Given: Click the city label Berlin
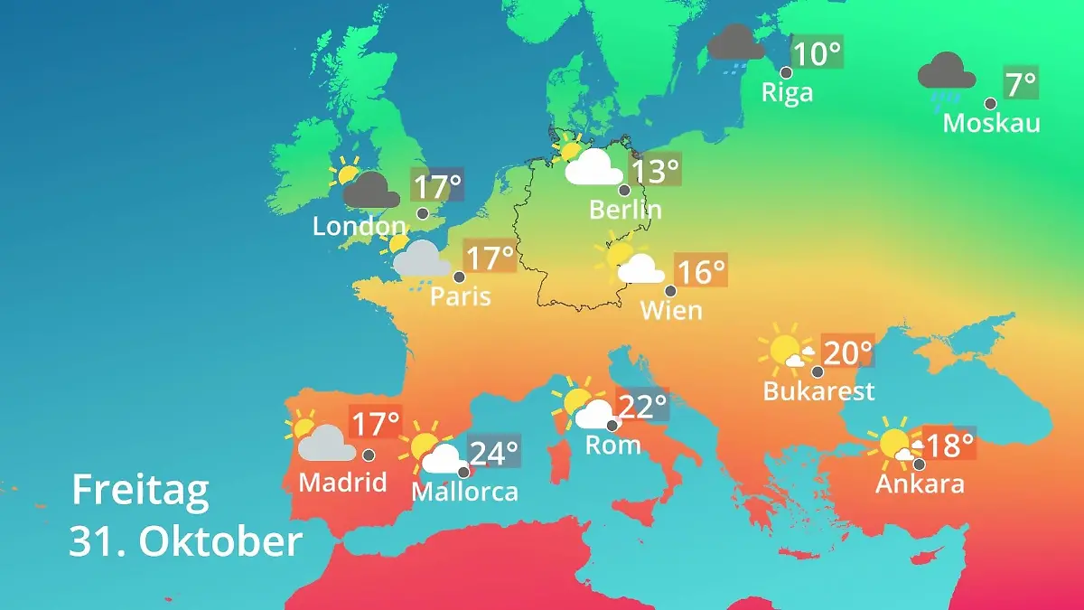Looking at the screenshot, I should coord(625,210).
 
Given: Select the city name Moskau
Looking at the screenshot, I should coord(991,122).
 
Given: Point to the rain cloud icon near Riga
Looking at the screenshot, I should coord(736,44).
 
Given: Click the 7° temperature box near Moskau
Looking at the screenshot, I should coord(1021,84).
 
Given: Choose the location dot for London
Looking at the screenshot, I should coord(422,213).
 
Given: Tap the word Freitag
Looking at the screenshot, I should coord(140,491).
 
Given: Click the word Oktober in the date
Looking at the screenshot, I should coord(220,541).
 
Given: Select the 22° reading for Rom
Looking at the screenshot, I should coord(642,406).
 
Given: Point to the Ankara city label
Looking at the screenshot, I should coord(920,483).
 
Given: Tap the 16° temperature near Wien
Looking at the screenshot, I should coord(702,271).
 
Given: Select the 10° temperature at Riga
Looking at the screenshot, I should coord(817,53).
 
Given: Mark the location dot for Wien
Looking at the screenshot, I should coord(670,291).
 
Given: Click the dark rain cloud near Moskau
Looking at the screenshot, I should coord(946,71).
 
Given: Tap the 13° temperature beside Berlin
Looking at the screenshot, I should coord(654,170).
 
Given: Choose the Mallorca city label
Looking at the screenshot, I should coord(464,492).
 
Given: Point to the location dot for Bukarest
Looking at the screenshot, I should coord(818,371).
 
